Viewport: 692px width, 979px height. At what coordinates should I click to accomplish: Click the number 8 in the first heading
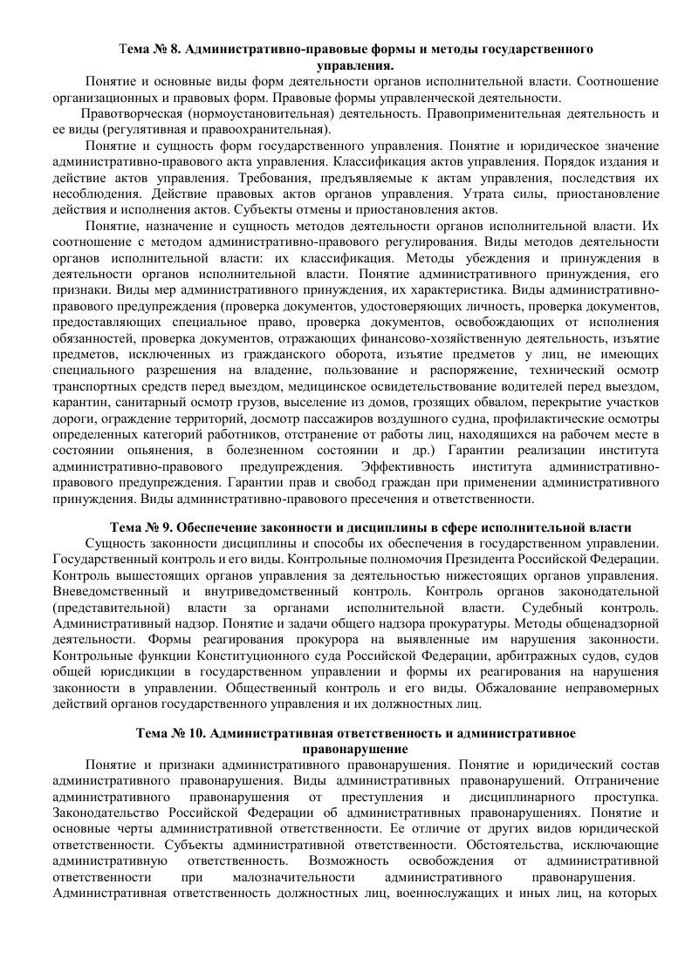click(175, 49)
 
